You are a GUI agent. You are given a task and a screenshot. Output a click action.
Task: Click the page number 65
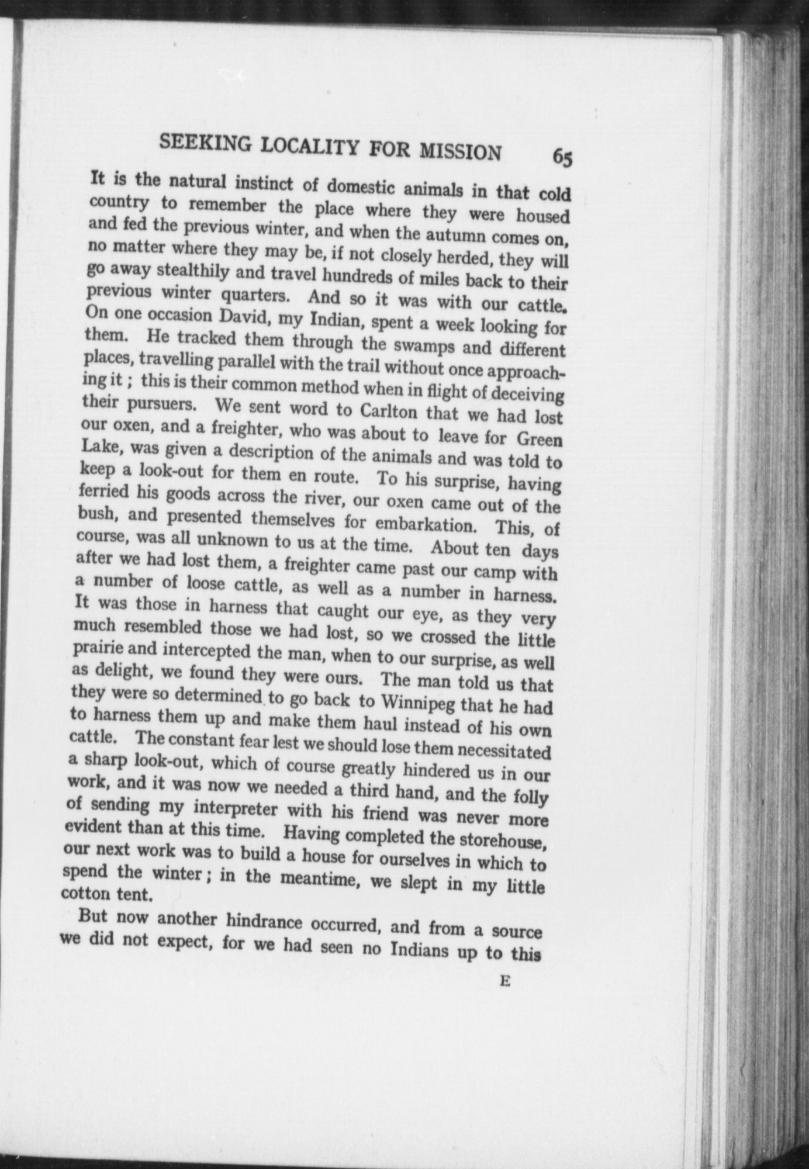click(562, 158)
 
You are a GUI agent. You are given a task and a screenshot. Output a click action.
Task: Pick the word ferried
click(103, 492)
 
